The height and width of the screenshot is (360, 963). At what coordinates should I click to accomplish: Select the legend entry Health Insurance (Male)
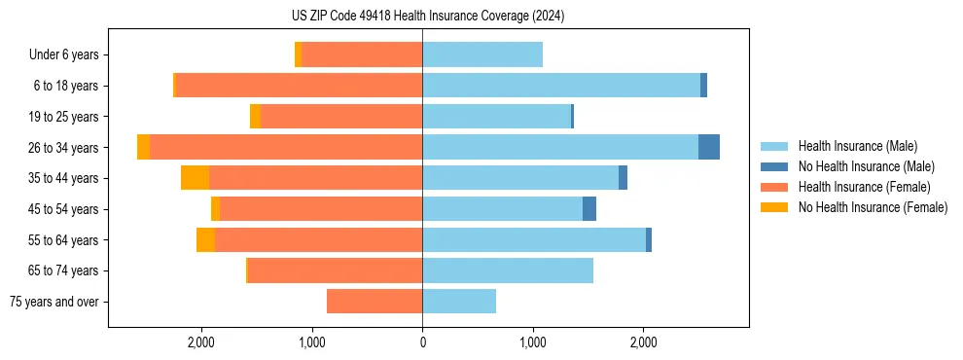(857, 146)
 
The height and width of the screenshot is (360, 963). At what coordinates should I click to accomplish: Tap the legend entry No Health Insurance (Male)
(866, 166)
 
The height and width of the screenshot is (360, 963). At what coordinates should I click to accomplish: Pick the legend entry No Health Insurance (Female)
(873, 207)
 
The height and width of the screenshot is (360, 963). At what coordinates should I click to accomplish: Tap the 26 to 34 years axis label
(65, 148)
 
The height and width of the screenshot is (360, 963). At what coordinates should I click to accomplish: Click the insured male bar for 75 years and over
(459, 302)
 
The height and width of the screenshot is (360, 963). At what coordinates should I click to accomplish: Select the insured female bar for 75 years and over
(374, 302)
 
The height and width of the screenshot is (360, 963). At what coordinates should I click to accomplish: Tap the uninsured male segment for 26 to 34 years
(709, 147)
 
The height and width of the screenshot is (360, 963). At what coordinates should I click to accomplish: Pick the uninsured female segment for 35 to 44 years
(196, 178)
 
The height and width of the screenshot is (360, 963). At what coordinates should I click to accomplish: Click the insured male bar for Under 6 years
(482, 54)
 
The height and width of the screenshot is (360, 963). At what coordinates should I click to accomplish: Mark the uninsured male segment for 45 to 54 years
(589, 208)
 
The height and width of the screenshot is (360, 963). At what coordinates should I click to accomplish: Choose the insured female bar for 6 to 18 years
(299, 86)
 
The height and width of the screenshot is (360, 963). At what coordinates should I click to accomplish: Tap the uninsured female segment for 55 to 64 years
(205, 239)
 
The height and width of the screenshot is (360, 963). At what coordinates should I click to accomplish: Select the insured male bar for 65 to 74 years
(508, 270)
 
